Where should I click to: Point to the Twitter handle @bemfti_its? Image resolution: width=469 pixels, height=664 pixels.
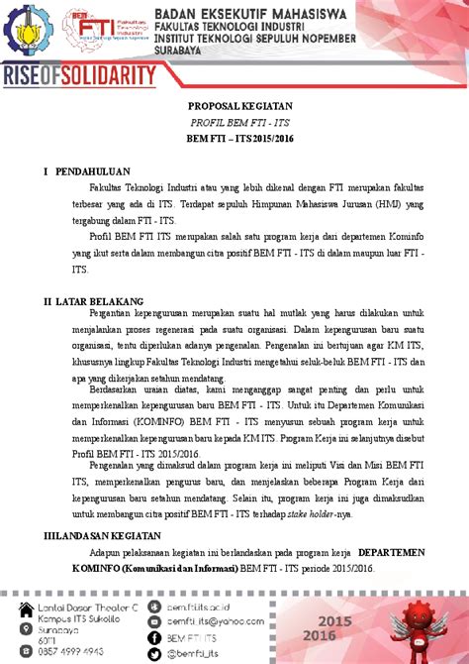192,654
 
